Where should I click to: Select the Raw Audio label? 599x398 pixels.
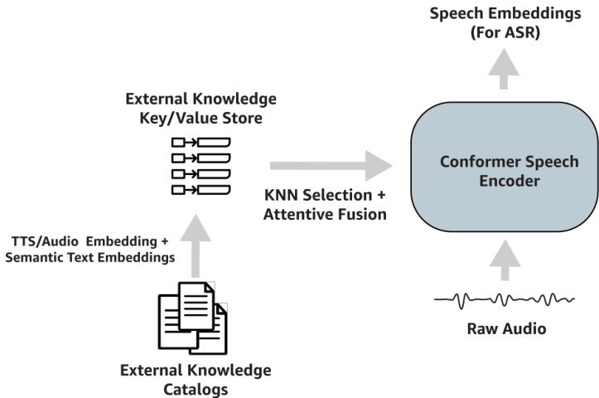(505, 329)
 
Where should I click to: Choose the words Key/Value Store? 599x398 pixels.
(200, 119)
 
